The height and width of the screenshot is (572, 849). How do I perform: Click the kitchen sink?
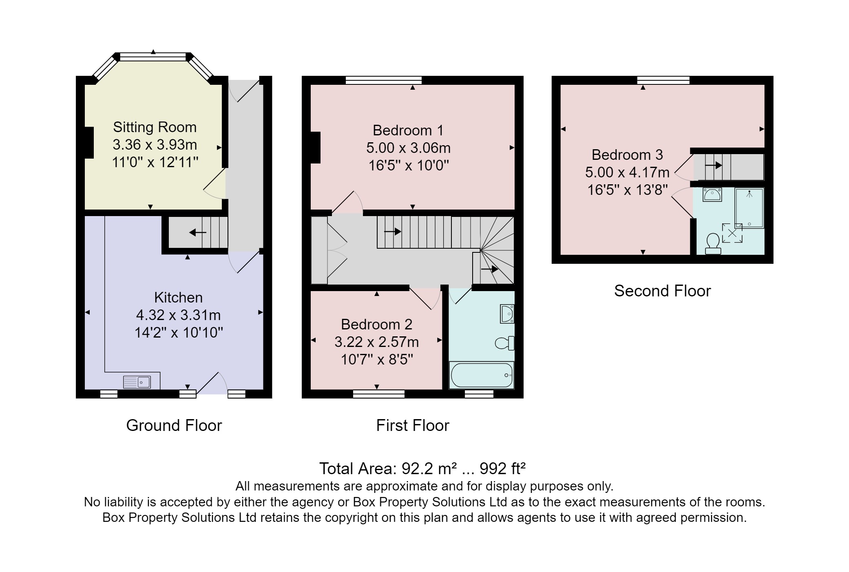tap(137, 382)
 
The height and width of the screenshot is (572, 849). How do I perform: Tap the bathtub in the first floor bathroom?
tap(482, 375)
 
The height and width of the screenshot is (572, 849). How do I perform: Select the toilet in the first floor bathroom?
tap(505, 343)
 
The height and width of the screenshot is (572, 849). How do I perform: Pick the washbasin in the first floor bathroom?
tap(507, 314)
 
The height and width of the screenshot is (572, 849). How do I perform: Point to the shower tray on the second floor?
tap(750, 208)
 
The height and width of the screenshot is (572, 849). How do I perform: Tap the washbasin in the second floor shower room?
tap(712, 194)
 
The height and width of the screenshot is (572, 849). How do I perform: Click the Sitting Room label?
tap(155, 127)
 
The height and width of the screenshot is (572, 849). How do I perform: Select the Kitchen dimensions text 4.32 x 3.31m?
tap(178, 315)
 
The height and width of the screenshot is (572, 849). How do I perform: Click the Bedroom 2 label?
tap(377, 325)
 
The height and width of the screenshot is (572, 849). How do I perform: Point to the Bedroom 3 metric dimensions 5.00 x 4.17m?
tap(627, 172)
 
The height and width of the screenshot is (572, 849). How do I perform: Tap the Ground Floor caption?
tap(174, 426)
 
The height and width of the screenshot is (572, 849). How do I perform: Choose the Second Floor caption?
tap(663, 291)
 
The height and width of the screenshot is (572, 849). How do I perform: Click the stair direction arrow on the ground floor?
tap(198, 233)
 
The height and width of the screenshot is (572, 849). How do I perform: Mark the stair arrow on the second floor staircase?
tap(714, 166)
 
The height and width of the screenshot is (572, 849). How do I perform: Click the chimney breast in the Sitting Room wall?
tap(89, 143)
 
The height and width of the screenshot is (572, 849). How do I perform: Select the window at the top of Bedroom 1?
tap(384, 80)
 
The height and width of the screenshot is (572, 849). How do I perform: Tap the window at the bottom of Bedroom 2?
tap(379, 394)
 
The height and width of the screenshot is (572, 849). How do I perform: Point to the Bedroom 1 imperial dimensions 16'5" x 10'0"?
tap(409, 166)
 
